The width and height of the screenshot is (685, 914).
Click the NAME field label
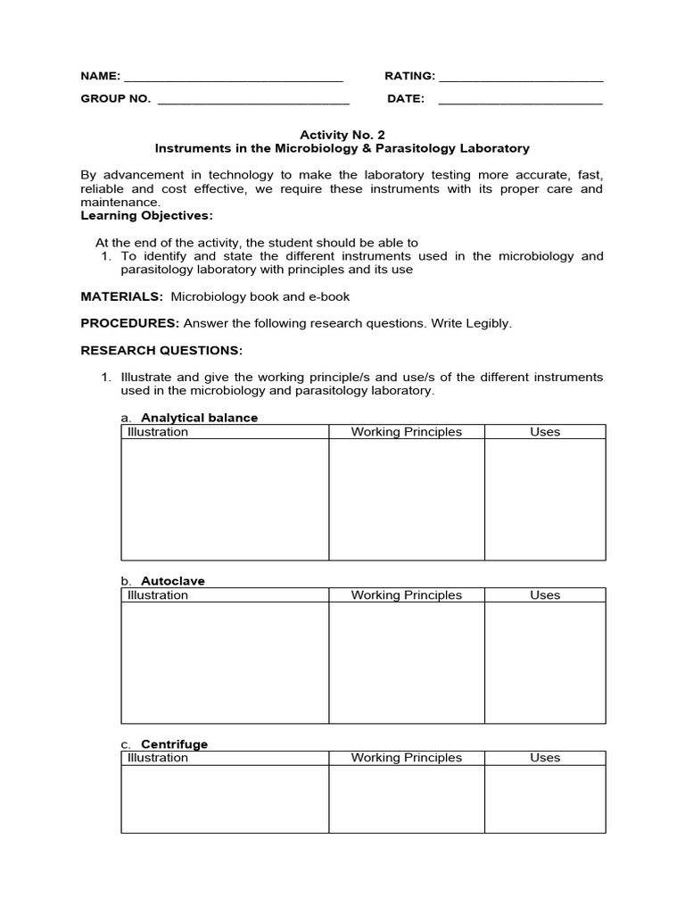coord(101,77)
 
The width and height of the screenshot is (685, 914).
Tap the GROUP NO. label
coord(116,99)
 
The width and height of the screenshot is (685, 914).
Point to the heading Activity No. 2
coord(342,135)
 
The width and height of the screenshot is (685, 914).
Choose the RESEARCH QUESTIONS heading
coord(161,350)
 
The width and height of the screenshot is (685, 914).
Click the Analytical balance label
coord(200,418)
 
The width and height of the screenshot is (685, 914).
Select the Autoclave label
coord(173,581)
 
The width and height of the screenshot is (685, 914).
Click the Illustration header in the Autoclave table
coord(158,595)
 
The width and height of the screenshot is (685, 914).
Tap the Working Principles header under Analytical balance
coord(406,432)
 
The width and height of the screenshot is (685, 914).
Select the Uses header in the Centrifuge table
coord(545,758)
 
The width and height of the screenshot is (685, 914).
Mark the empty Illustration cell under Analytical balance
coord(225,500)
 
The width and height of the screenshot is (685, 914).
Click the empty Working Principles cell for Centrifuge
coord(406,799)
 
